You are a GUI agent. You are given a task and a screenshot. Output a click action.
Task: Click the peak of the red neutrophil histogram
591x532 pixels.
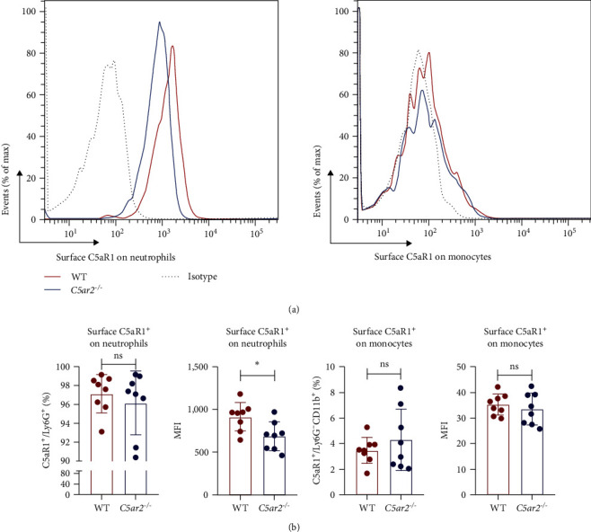point(172,49)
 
